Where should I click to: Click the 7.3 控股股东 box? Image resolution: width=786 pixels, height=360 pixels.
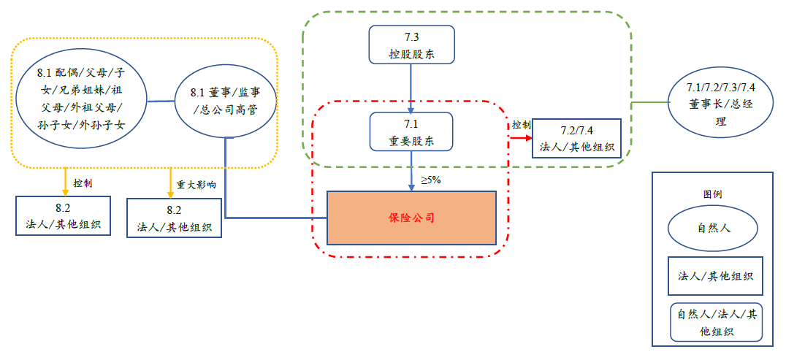coord(411,45)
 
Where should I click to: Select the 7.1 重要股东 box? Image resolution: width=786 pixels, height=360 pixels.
coord(411,132)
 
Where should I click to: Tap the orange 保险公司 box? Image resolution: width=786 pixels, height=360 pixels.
coord(411,218)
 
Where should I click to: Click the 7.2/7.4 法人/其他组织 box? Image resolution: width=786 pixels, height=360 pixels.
coord(576,138)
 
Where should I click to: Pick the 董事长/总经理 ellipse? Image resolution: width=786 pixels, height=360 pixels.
coord(720,102)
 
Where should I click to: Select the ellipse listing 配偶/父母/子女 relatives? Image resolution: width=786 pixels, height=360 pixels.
coord(81,99)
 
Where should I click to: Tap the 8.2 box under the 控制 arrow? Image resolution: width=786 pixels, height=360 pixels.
coord(63,216)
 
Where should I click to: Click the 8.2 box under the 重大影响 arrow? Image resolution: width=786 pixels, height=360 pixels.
coord(174,218)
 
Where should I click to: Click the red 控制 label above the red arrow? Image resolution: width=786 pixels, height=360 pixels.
coord(521,125)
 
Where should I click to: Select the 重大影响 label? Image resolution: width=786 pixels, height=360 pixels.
coord(196,185)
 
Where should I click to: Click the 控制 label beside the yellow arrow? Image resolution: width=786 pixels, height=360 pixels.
coord(83,183)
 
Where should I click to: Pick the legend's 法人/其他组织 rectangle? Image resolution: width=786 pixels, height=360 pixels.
coord(715,276)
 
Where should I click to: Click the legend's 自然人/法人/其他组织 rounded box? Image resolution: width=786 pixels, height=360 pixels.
coord(715,322)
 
